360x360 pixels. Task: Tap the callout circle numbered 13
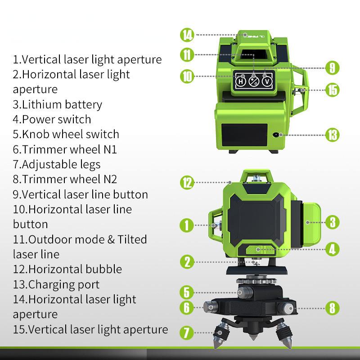pos(332,135)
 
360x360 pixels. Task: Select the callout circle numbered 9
pos(332,68)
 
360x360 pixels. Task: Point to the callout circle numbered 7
pos(187,333)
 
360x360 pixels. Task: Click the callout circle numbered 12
pos(187,182)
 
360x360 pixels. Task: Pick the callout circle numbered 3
pos(332,221)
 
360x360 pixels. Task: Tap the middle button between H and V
pos(254,81)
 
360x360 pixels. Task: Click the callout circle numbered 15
pos(332,89)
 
